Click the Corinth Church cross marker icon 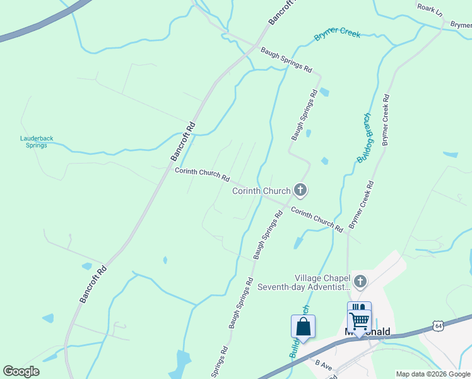(300, 189)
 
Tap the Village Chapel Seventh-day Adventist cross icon (360, 281)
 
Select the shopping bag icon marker (303, 327)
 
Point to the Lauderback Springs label (33, 141)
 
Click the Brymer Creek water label (337, 32)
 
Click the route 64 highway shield (438, 325)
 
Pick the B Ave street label (324, 364)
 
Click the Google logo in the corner (21, 371)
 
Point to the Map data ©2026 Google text (433, 374)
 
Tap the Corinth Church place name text (261, 190)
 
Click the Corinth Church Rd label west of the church (202, 174)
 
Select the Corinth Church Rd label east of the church (317, 219)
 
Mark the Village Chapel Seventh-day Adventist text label (304, 282)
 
